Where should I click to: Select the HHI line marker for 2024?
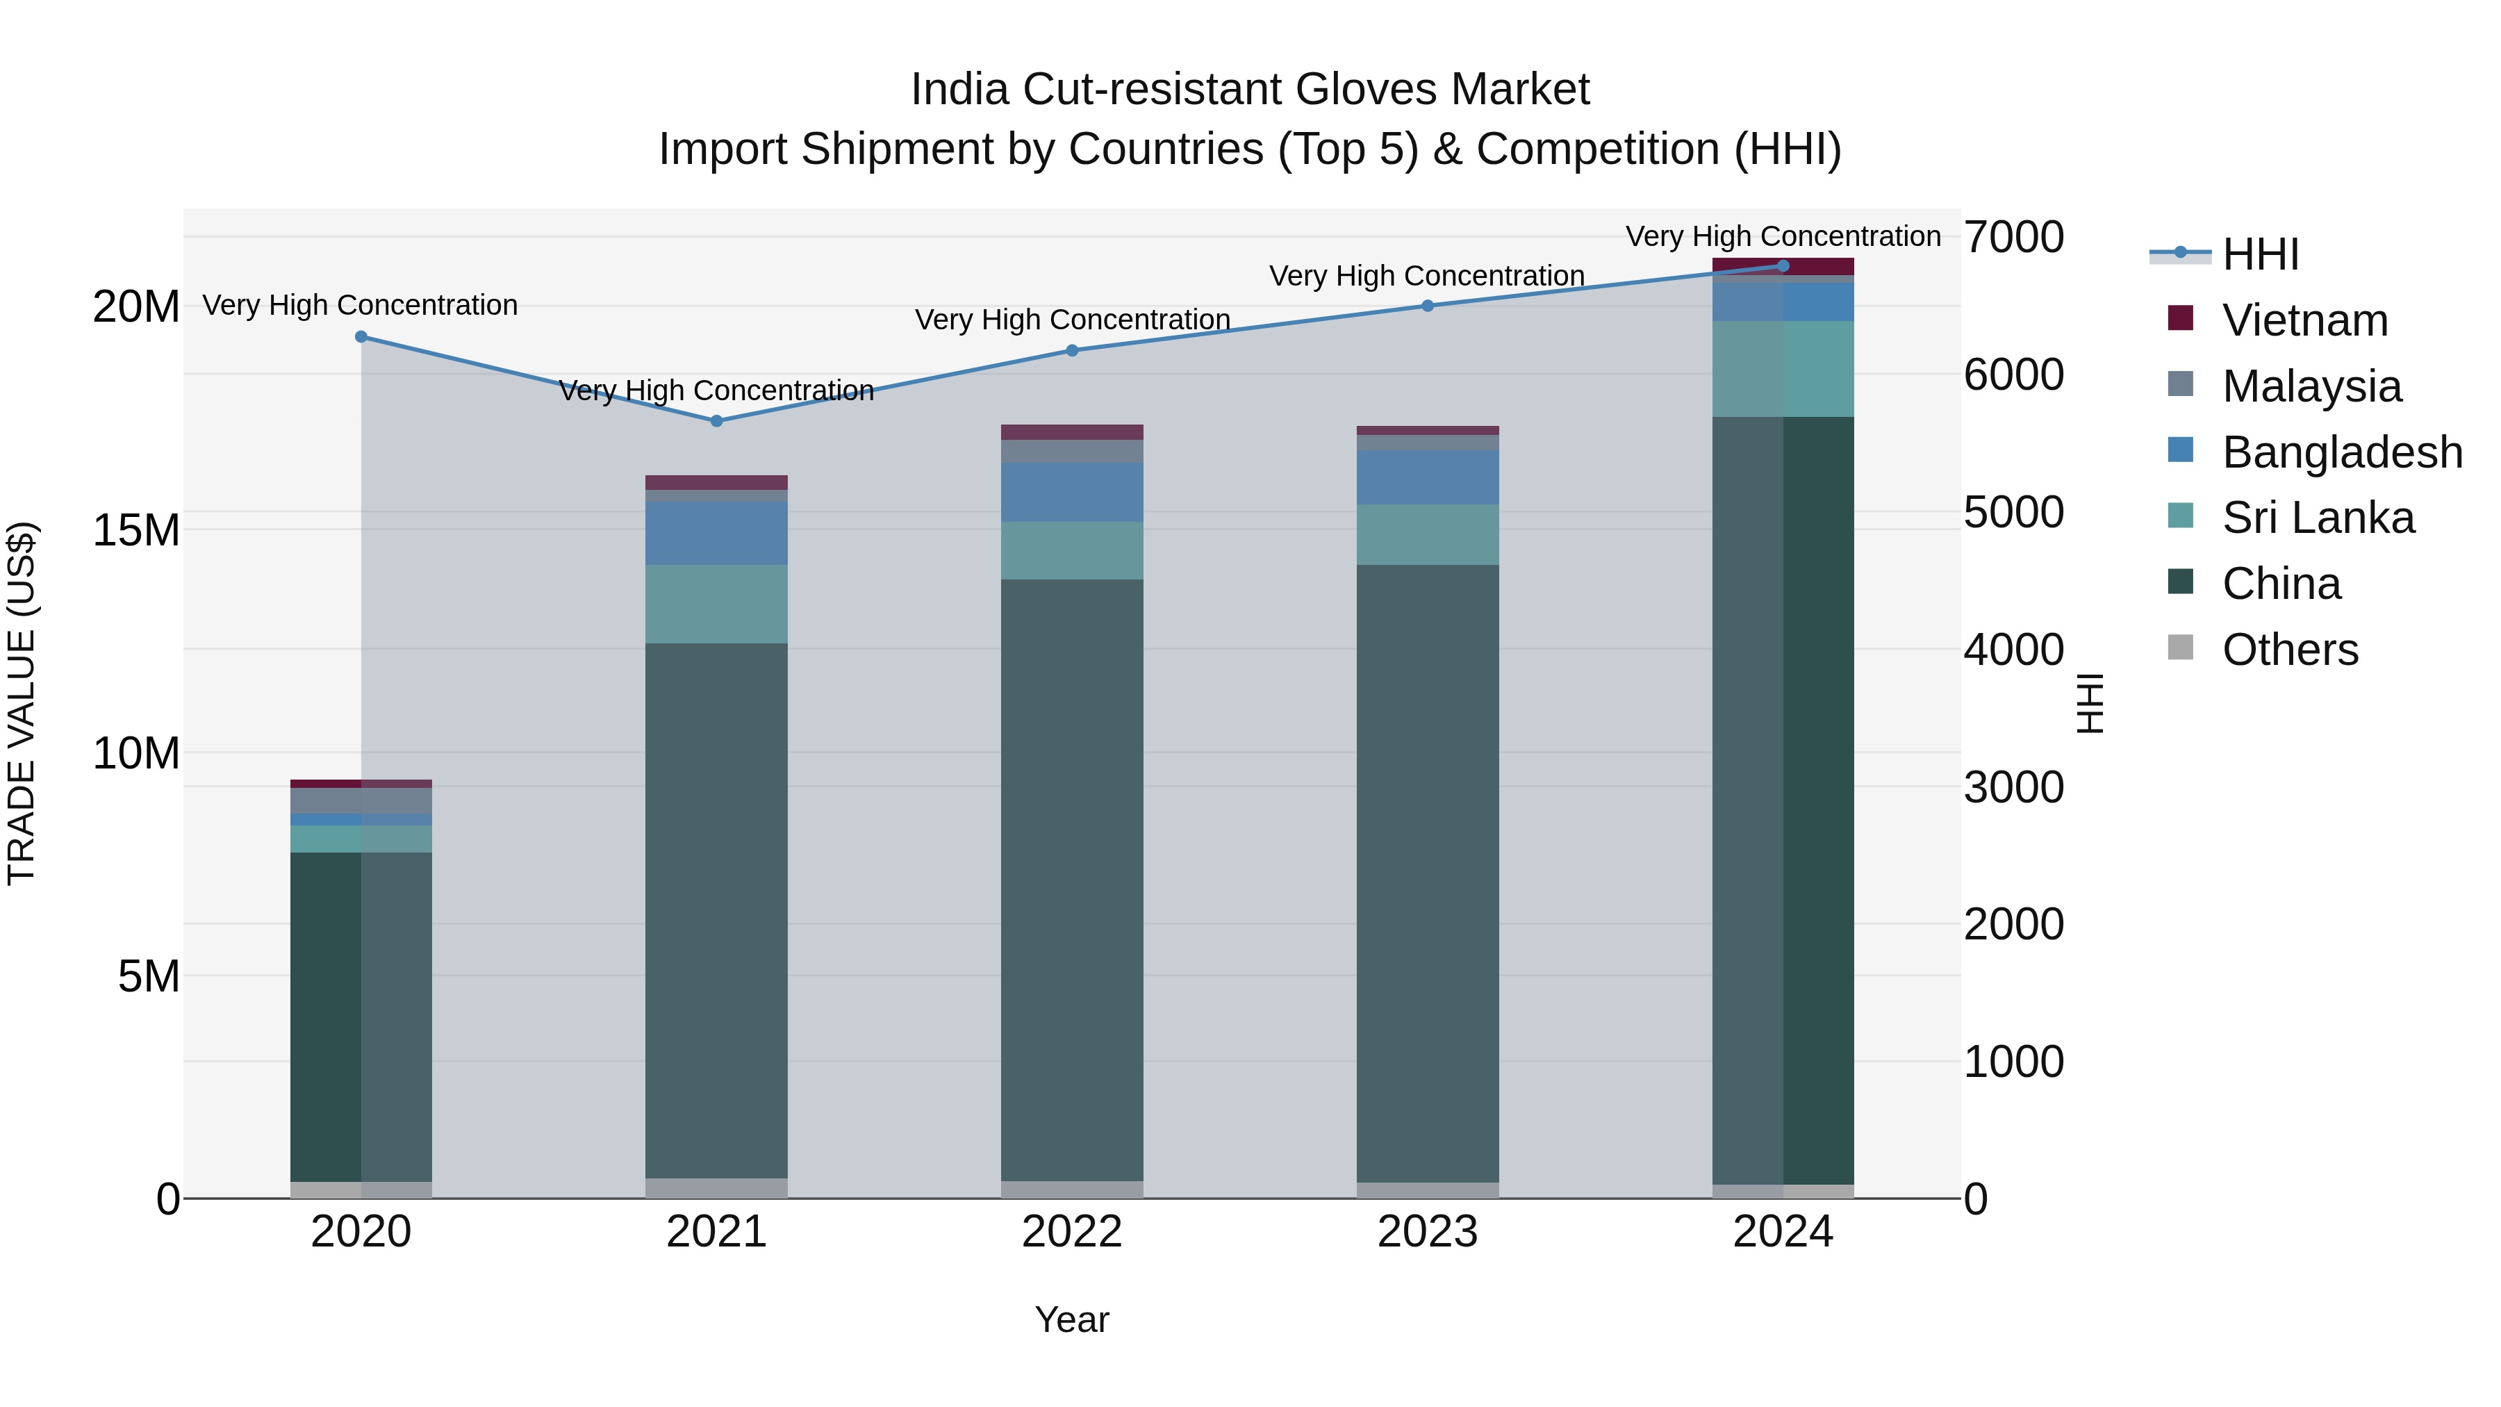tap(1783, 266)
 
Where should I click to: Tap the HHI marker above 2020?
tap(361, 337)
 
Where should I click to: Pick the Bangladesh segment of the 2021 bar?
tap(716, 533)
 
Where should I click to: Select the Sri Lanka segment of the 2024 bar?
tap(1783, 369)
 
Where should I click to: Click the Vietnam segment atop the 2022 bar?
tap(1072, 432)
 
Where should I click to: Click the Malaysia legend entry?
tap(2311, 386)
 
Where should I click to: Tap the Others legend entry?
tap(2289, 650)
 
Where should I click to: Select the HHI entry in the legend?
tap(2260, 254)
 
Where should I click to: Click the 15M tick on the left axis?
tap(136, 530)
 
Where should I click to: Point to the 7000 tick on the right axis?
tap(2013, 237)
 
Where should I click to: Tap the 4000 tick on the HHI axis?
tap(2013, 650)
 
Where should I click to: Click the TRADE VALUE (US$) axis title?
tap(22, 703)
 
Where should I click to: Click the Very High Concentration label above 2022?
tap(1072, 320)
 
